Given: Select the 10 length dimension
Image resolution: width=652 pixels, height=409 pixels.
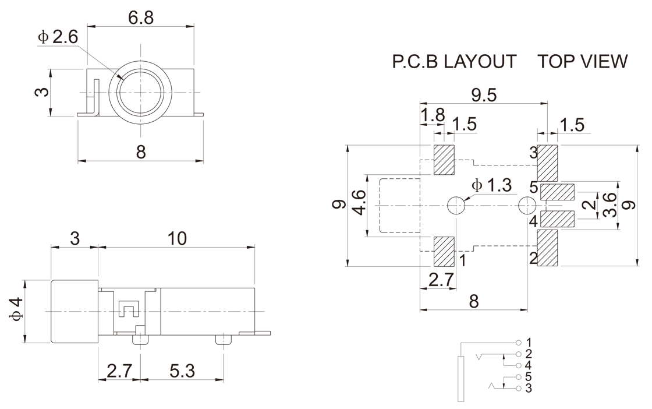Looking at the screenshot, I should pos(177,238).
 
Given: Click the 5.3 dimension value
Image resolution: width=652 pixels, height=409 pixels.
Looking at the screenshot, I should pos(182,371).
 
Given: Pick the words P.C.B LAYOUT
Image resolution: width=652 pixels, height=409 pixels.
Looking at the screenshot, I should pos(454,62).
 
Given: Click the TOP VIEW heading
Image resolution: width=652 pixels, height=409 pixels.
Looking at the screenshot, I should pos(583,62).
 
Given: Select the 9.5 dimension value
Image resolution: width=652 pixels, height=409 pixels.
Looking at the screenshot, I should pos(483,94).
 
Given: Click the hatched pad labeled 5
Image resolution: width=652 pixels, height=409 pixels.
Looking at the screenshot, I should pos(558,192).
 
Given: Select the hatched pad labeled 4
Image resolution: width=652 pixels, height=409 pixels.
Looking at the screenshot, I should pos(558,219).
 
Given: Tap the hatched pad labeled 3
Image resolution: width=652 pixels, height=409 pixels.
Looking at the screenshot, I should pos(548,163).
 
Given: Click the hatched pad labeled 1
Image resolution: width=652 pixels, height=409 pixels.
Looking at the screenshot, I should pos(444,251).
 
